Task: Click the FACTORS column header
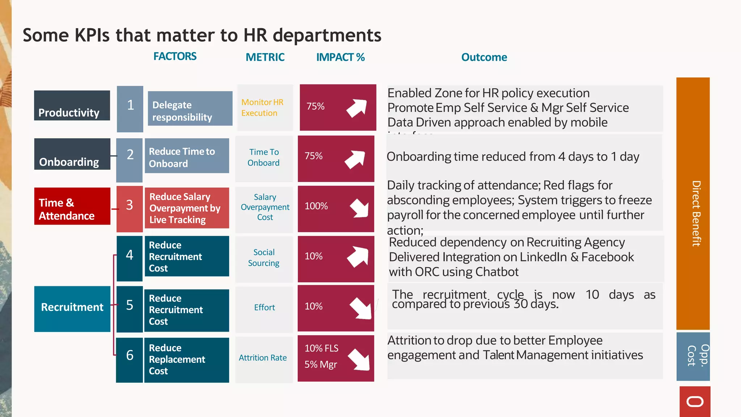pyautogui.click(x=175, y=56)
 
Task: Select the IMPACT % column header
pyautogui.click(x=340, y=57)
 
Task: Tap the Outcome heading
pyautogui.click(x=484, y=57)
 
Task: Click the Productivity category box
pyautogui.click(x=72, y=106)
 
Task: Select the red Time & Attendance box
pyautogui.click(x=72, y=206)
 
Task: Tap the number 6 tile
pyautogui.click(x=130, y=359)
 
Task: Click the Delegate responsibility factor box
pyautogui.click(x=190, y=109)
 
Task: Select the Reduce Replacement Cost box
pyautogui.click(x=187, y=360)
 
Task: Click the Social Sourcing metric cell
pyautogui.click(x=264, y=258)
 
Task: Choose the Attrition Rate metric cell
pyautogui.click(x=263, y=358)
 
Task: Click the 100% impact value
pyautogui.click(x=316, y=206)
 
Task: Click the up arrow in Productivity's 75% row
pyautogui.click(x=357, y=108)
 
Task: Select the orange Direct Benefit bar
pyautogui.click(x=693, y=203)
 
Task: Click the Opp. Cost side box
pyautogui.click(x=693, y=356)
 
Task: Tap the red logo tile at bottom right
pyautogui.click(x=695, y=401)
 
